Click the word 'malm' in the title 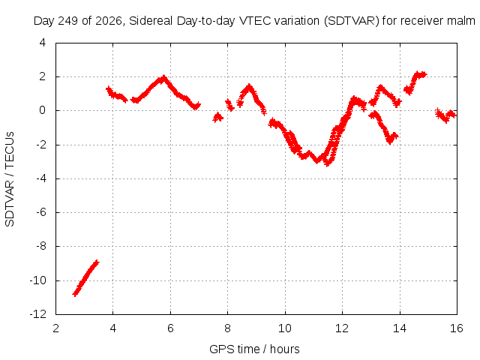(461, 21)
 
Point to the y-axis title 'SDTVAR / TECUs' (10, 179)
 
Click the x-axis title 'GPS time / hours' (254, 349)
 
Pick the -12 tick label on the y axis (38, 314)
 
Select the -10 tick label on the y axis (38, 280)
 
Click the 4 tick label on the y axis (43, 43)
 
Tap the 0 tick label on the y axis (43, 110)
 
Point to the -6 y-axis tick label (40, 212)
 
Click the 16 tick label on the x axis (457, 328)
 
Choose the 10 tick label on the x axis (285, 328)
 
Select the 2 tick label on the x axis (55, 328)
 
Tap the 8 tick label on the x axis (227, 328)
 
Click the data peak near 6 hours (164, 78)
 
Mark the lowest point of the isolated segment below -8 (75, 294)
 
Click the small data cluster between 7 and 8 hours (218, 117)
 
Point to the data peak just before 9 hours (249, 87)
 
